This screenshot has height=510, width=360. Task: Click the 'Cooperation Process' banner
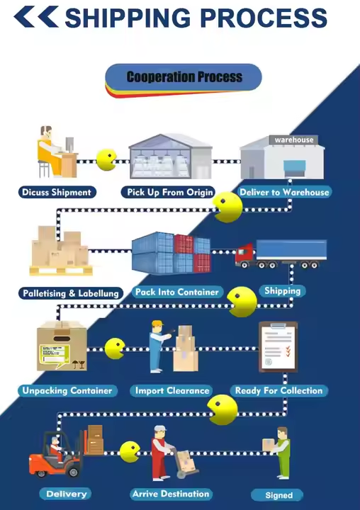click(x=184, y=77)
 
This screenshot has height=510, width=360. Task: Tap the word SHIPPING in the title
click(x=128, y=18)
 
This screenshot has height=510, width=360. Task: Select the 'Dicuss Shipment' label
click(x=57, y=192)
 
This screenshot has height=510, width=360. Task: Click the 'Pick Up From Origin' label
click(x=168, y=192)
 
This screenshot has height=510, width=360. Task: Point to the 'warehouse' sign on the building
click(x=293, y=140)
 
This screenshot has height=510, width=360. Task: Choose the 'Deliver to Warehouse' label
click(x=284, y=192)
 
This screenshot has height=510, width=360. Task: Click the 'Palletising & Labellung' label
click(x=71, y=293)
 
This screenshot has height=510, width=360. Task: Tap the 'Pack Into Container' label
click(x=176, y=292)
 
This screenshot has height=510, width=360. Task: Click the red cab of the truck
click(x=245, y=254)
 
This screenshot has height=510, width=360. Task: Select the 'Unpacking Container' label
click(x=67, y=390)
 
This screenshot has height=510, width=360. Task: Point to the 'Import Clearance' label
click(x=172, y=390)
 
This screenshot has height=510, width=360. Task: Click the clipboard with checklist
click(x=279, y=346)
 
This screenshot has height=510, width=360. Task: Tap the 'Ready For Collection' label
click(x=279, y=390)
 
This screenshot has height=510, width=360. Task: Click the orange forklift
click(x=55, y=455)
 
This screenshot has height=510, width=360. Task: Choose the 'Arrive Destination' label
click(x=171, y=494)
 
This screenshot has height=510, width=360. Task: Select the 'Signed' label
click(x=277, y=495)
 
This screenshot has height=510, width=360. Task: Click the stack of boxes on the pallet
click(x=60, y=250)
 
